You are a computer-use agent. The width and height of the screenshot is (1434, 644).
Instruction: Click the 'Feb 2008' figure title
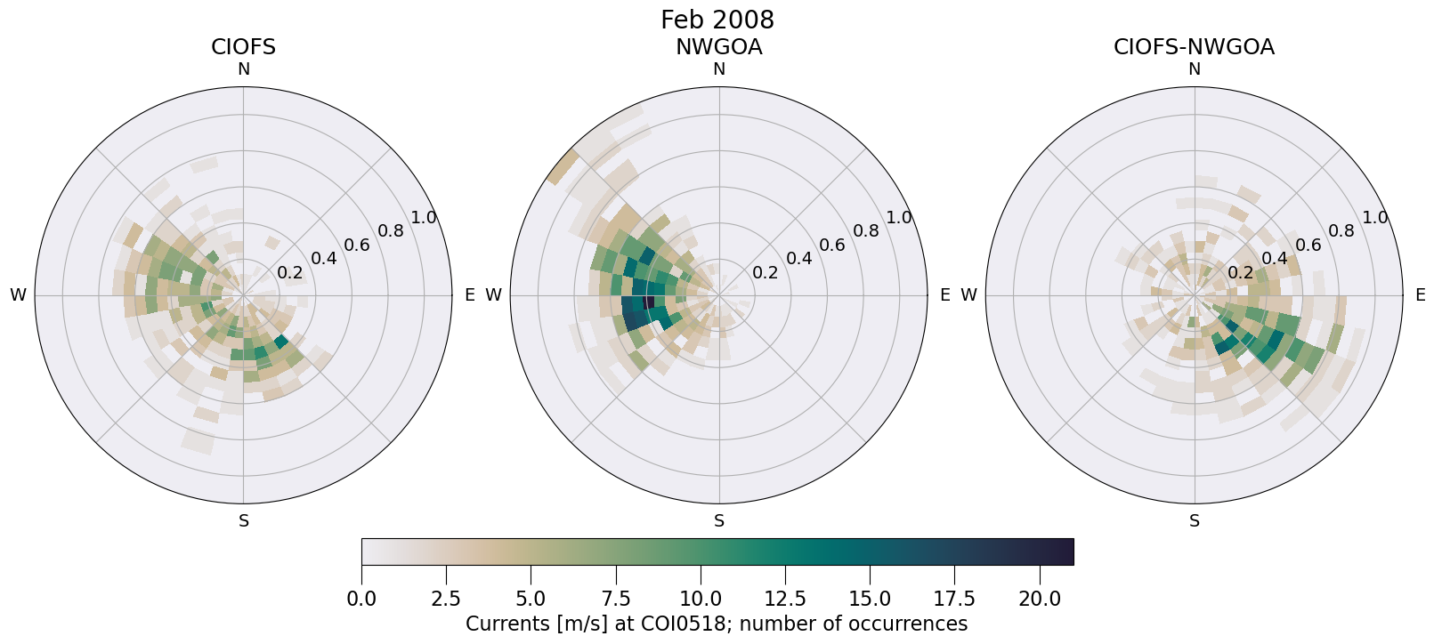pyautogui.click(x=717, y=20)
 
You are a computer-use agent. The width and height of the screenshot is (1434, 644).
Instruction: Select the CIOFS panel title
pyautogui.click(x=243, y=47)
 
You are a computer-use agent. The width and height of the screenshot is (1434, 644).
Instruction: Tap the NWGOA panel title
pyautogui.click(x=718, y=47)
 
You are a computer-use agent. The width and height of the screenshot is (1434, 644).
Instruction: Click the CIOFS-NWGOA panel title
pyautogui.click(x=1194, y=47)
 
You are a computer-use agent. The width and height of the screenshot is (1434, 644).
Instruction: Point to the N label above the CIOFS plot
pyautogui.click(x=243, y=69)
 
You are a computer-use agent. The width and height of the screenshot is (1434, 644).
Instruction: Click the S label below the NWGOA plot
pyautogui.click(x=719, y=521)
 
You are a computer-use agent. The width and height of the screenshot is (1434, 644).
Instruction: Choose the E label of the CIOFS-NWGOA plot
pyautogui.click(x=1421, y=295)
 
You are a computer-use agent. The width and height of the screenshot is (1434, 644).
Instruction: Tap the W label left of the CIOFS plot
pyautogui.click(x=18, y=295)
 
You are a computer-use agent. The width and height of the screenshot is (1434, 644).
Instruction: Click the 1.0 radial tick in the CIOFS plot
pyautogui.click(x=424, y=218)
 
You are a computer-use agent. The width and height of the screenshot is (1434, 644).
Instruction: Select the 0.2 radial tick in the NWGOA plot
pyautogui.click(x=766, y=273)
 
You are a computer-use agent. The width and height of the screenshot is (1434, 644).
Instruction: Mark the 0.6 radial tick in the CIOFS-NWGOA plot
pyautogui.click(x=1308, y=245)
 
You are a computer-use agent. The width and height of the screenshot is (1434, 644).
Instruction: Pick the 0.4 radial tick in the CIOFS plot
pyautogui.click(x=324, y=259)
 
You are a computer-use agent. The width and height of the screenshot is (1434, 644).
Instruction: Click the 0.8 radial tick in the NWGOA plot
pyautogui.click(x=866, y=231)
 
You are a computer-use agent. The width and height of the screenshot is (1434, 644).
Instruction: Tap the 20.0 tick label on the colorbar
pyautogui.click(x=1039, y=599)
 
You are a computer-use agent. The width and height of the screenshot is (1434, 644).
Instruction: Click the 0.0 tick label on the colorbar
pyautogui.click(x=361, y=599)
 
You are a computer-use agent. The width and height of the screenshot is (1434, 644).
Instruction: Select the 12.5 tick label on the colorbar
pyautogui.click(x=785, y=599)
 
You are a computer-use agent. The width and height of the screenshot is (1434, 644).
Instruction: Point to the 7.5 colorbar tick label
pyautogui.click(x=616, y=599)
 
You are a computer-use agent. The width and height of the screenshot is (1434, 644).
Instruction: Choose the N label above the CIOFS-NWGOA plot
pyautogui.click(x=1195, y=69)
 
